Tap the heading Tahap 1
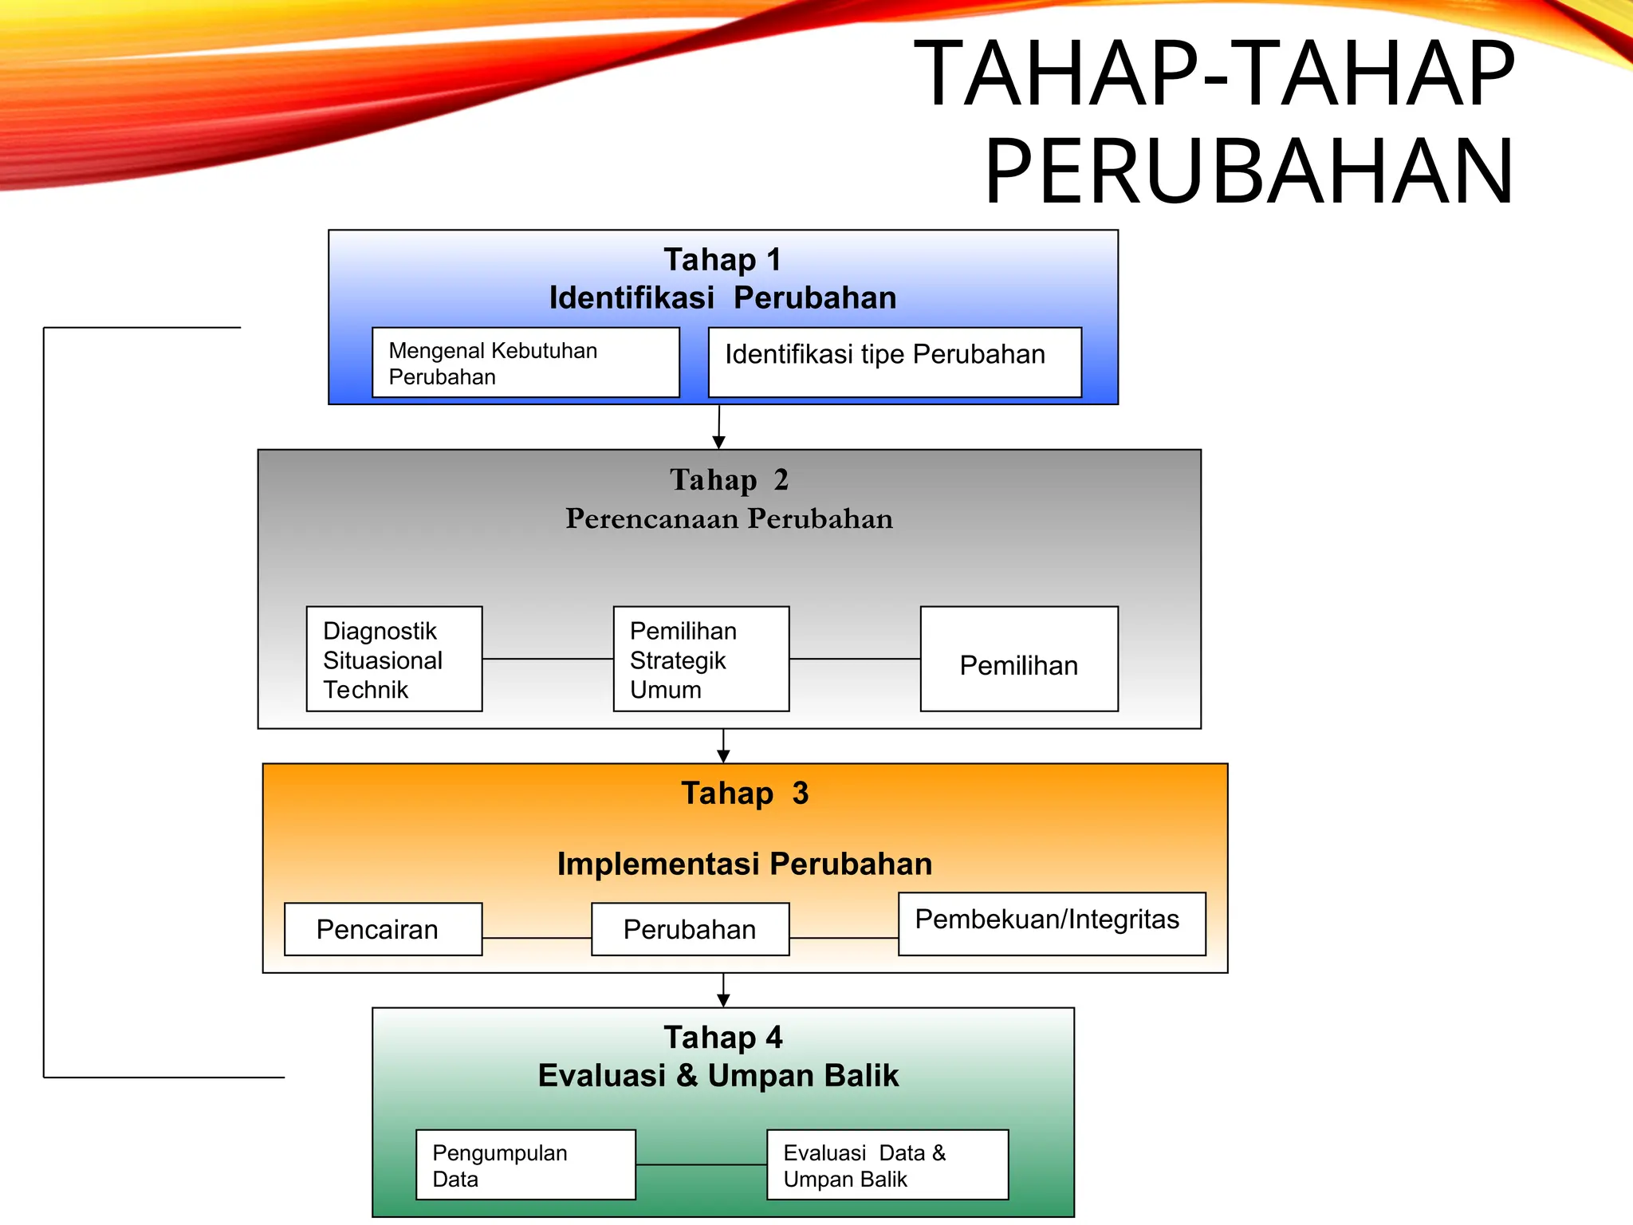pyautogui.click(x=722, y=260)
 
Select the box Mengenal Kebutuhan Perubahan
pyautogui.click(x=525, y=363)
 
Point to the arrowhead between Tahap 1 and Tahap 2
pyautogui.click(x=718, y=442)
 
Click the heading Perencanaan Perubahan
pyautogui.click(x=729, y=518)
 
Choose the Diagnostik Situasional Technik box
pyautogui.click(x=394, y=659)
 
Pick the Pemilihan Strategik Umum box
pyautogui.click(x=701, y=659)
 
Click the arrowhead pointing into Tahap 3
pyautogui.click(x=723, y=756)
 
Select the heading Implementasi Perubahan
pyautogui.click(x=744, y=864)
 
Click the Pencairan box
pyautogui.click(x=383, y=929)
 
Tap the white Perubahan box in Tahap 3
pyautogui.click(x=690, y=929)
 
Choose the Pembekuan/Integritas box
pyautogui.click(x=1051, y=923)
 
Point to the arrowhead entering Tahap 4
pyautogui.click(x=723, y=1001)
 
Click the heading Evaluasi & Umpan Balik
pyautogui.click(x=718, y=1075)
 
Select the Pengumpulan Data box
pyautogui.click(x=525, y=1164)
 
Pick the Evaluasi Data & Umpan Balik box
pyautogui.click(x=887, y=1164)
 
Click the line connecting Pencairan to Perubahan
pyautogui.click(x=537, y=938)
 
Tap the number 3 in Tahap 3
pyautogui.click(x=801, y=794)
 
